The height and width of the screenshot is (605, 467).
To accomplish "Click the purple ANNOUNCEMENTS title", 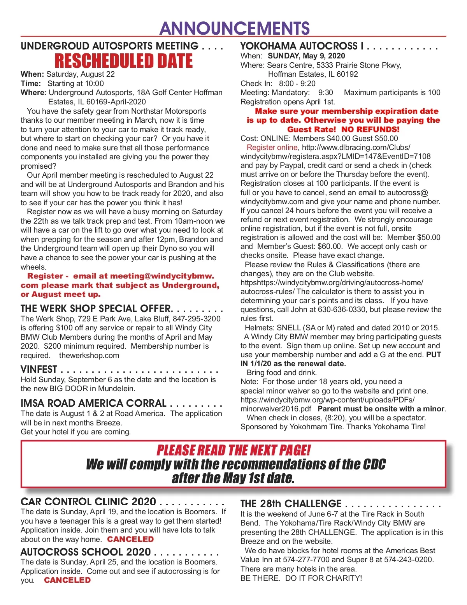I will (x=234, y=28).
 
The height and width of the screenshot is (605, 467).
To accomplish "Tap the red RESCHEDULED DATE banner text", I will (x=124, y=61).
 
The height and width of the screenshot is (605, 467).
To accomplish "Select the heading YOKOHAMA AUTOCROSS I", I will (x=302, y=46).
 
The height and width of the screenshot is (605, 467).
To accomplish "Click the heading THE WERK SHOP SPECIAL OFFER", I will (x=96, y=309).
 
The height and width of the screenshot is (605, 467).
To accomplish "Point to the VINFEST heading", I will (x=39, y=369).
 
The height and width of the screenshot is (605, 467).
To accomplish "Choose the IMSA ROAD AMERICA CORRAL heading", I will (x=93, y=403).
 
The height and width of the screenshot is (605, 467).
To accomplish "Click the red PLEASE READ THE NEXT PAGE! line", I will (x=233, y=450).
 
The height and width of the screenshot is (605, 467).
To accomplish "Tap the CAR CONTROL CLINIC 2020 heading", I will (x=88, y=502).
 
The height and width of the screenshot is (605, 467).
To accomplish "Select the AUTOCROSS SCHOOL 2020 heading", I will (x=86, y=552).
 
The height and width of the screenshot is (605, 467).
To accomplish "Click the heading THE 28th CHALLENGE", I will (x=291, y=504).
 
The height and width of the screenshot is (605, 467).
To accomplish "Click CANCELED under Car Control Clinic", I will (x=130, y=540).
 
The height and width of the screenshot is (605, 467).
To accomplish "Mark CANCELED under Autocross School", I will (x=67, y=580).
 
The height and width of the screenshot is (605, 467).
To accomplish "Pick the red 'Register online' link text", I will (x=272, y=147).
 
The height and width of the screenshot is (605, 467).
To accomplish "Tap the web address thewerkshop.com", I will (x=89, y=355).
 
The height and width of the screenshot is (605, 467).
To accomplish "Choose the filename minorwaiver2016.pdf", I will (x=276, y=409).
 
